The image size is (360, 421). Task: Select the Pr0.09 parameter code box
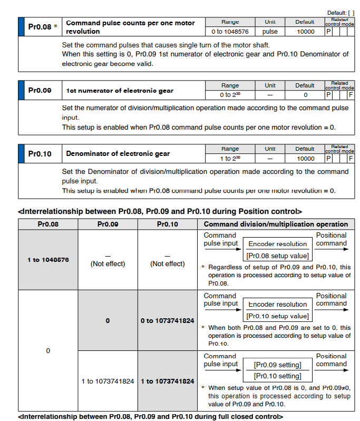[x=40, y=90]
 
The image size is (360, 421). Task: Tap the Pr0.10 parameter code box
[x=40, y=154]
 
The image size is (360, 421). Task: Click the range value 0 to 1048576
[x=230, y=32]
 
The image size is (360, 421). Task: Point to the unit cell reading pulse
[x=270, y=32]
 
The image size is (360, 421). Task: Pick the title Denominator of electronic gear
[x=118, y=154]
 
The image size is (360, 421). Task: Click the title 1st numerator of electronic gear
[x=119, y=91]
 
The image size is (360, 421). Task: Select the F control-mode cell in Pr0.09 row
[x=351, y=95]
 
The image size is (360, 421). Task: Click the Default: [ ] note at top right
[x=341, y=12]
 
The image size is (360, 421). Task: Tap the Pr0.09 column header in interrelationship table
[x=108, y=224]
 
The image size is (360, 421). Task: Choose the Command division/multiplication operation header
[x=276, y=224]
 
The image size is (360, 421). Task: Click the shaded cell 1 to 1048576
[x=48, y=260]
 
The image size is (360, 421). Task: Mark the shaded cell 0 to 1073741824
[x=167, y=320]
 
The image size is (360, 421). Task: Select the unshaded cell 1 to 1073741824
[x=108, y=381]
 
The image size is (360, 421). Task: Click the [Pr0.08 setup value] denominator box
[x=278, y=256]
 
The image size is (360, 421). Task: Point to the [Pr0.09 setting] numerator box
[x=278, y=365]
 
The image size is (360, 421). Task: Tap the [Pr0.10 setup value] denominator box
[x=278, y=316]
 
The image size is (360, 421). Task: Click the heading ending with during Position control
[x=160, y=211]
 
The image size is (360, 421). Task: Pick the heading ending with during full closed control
[x=150, y=417]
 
